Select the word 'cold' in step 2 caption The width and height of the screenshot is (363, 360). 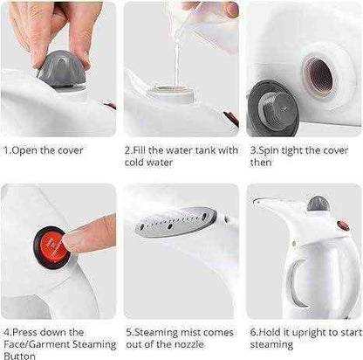pos(136,163)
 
